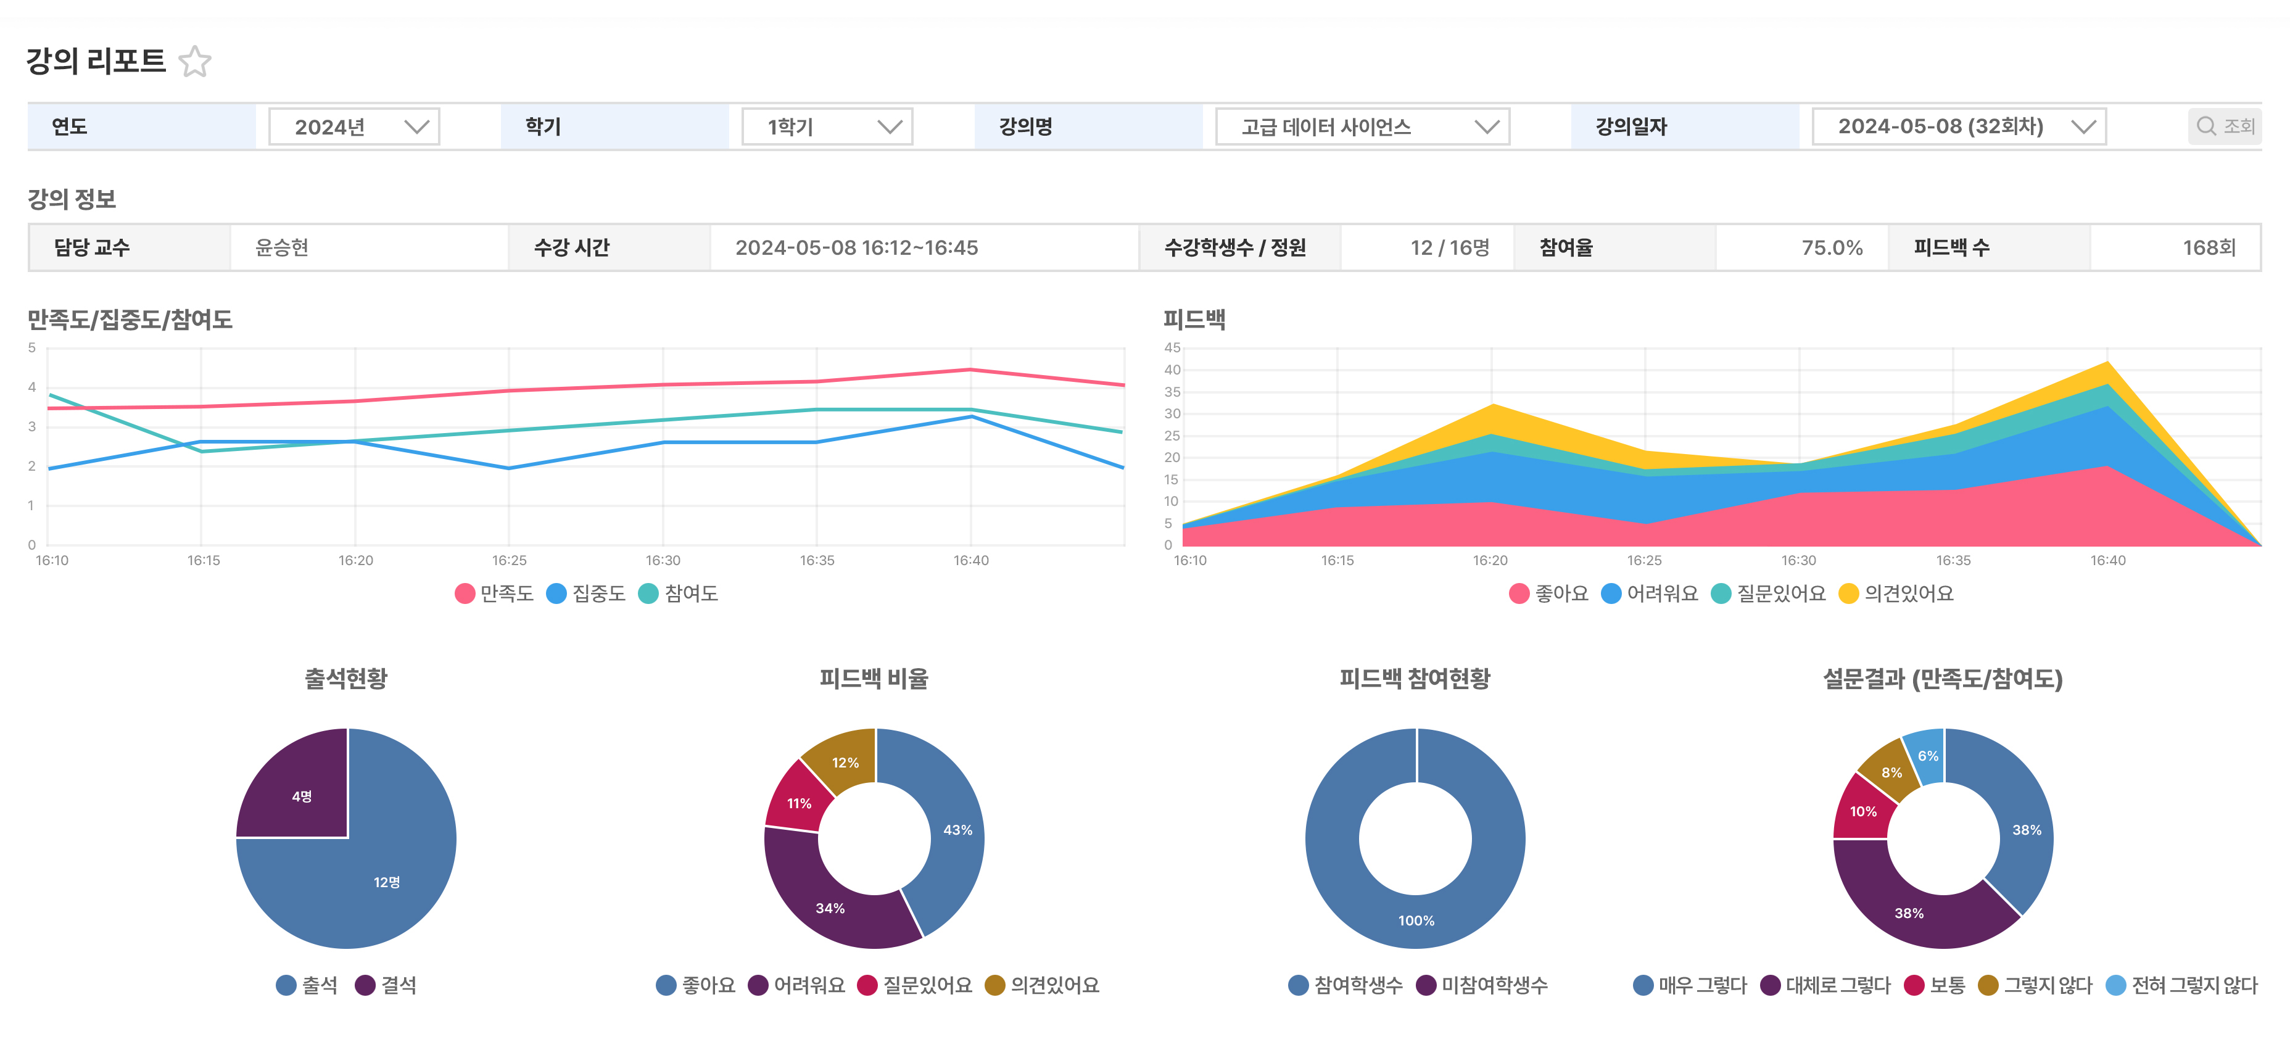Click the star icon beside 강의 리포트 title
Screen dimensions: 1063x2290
coord(195,61)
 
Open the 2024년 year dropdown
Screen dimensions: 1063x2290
coord(354,127)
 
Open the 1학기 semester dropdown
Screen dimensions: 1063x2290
coord(827,127)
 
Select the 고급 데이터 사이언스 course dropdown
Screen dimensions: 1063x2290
coord(1362,127)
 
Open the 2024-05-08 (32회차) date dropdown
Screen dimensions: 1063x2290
coord(1959,127)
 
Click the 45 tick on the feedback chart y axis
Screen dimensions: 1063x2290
coord(1173,347)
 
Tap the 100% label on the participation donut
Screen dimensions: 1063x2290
coord(1416,920)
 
